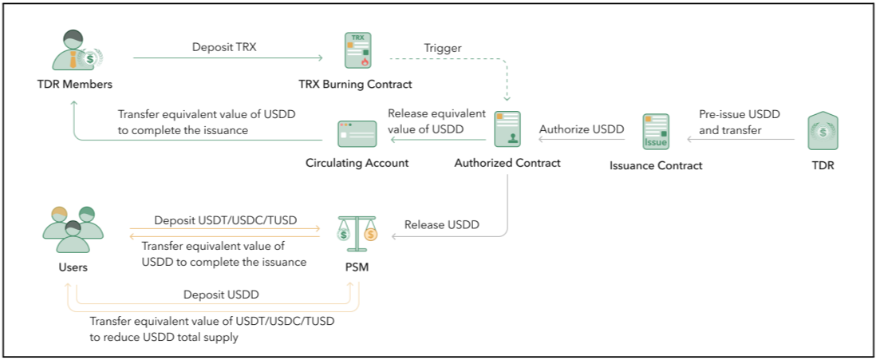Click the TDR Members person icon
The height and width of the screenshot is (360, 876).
point(74,52)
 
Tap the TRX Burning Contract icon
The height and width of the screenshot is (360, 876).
point(356,50)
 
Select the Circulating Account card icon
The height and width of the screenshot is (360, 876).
point(357,134)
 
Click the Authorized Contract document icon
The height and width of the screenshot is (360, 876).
point(507,130)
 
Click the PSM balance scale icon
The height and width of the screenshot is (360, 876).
point(356,229)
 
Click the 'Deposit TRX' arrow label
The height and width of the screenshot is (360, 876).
point(224,47)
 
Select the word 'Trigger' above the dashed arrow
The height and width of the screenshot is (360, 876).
point(442,48)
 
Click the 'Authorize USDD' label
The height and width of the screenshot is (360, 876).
point(582,129)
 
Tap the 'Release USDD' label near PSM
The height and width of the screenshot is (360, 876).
point(442,224)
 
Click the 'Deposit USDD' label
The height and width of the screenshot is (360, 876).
point(221,295)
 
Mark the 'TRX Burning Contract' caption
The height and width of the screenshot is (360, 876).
point(355,84)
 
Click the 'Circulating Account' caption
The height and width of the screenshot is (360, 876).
point(357,163)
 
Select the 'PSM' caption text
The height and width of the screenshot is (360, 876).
point(356,267)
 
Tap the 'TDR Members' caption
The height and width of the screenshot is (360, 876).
point(74,84)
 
